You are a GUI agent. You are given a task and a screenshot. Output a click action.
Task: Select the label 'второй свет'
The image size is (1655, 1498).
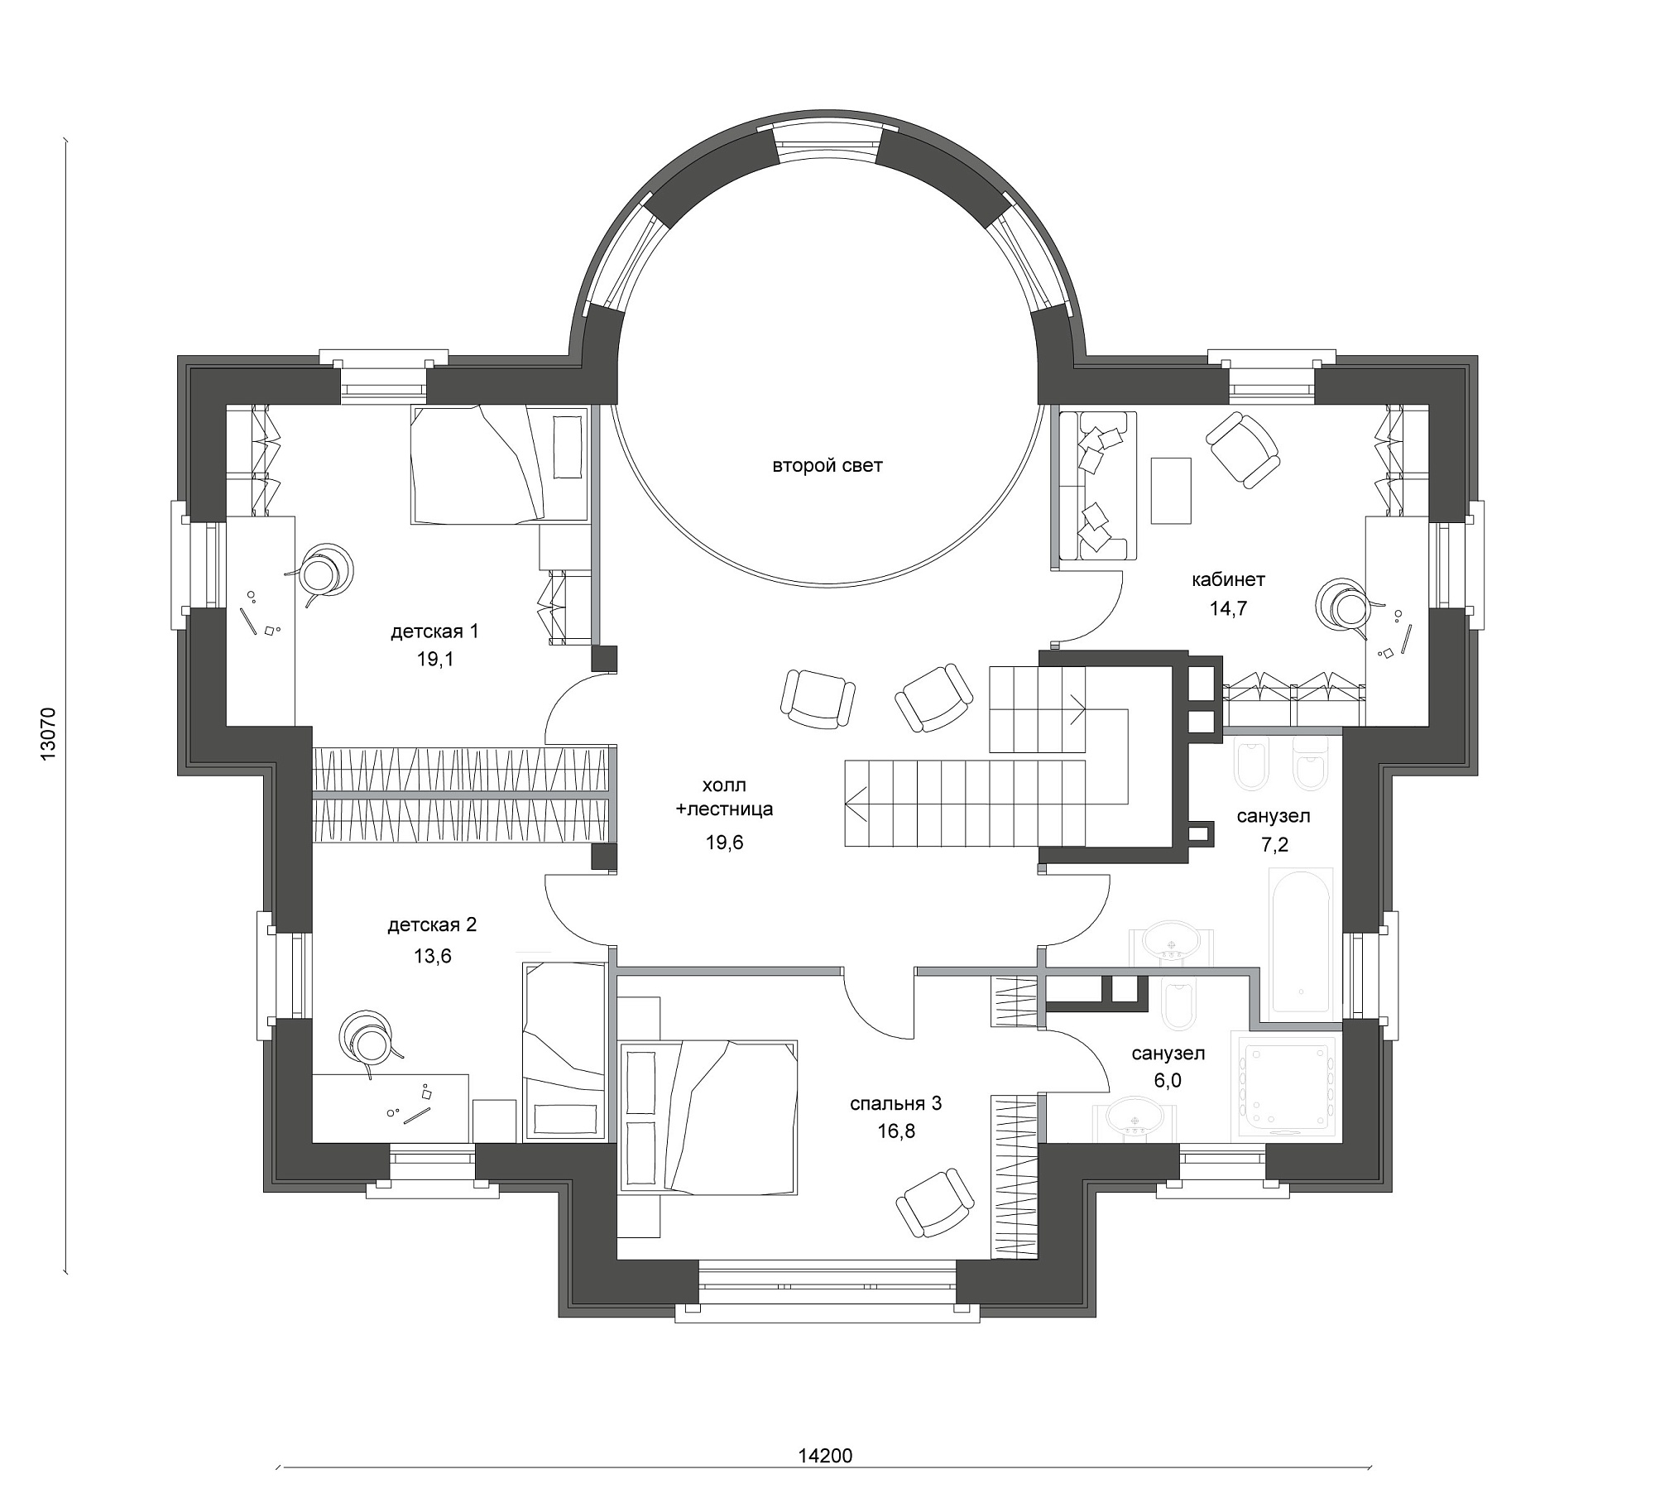(x=827, y=466)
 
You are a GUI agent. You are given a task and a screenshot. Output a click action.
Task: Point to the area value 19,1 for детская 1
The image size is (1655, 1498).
(x=435, y=660)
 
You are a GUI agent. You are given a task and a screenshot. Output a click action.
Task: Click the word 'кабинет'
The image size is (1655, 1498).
(x=1229, y=579)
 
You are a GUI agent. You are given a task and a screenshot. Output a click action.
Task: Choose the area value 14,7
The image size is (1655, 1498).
(x=1228, y=609)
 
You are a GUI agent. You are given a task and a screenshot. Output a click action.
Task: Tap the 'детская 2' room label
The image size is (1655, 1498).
(x=432, y=925)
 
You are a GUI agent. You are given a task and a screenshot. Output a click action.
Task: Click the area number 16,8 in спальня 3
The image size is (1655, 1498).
(x=897, y=1131)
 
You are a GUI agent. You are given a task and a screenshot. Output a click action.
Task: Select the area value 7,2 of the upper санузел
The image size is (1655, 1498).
(x=1274, y=844)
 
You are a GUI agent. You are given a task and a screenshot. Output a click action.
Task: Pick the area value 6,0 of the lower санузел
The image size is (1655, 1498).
(x=1167, y=1080)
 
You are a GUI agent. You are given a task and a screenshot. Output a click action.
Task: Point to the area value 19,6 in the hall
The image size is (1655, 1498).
(x=724, y=843)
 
